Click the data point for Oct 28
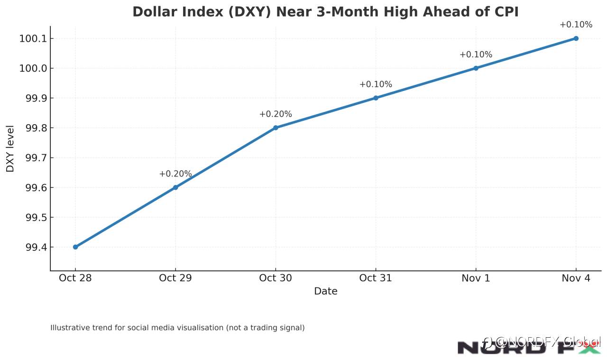coord(75,247)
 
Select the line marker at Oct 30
coord(276,128)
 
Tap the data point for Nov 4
coord(576,38)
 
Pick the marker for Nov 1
coord(476,68)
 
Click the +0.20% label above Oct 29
coord(175,174)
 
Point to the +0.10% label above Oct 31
coord(376,84)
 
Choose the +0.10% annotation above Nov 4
coord(576,25)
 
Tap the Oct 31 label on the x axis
coord(376,278)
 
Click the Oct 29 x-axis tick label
coord(175,278)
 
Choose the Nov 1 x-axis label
coord(476,278)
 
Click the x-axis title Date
coord(326,291)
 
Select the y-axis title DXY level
coord(10,148)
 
